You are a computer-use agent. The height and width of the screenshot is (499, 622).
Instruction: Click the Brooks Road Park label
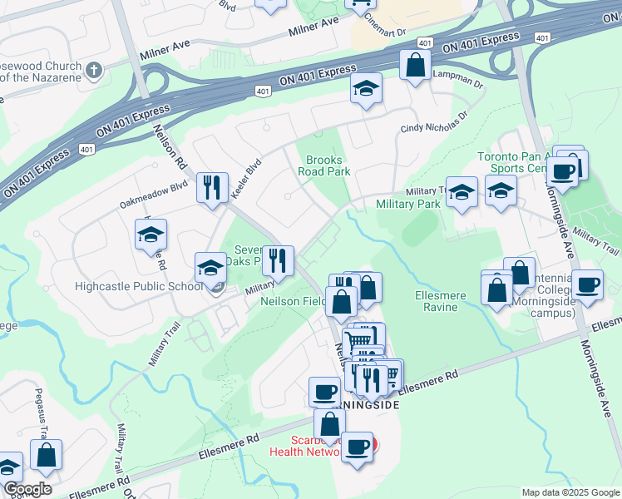(324, 166)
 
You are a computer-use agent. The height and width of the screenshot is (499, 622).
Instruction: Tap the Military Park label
(407, 204)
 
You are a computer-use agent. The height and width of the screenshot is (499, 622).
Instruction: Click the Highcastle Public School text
(138, 287)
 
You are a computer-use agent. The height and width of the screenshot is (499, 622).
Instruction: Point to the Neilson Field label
(294, 301)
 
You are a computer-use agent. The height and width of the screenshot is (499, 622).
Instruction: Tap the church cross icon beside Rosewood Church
(94, 69)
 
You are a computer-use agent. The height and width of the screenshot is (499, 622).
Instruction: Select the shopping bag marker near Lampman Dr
(415, 65)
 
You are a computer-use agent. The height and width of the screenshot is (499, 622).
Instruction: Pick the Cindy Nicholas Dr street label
(434, 127)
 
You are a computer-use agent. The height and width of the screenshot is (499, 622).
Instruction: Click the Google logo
(27, 489)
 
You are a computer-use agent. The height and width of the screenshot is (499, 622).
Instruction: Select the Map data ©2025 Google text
(570, 492)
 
